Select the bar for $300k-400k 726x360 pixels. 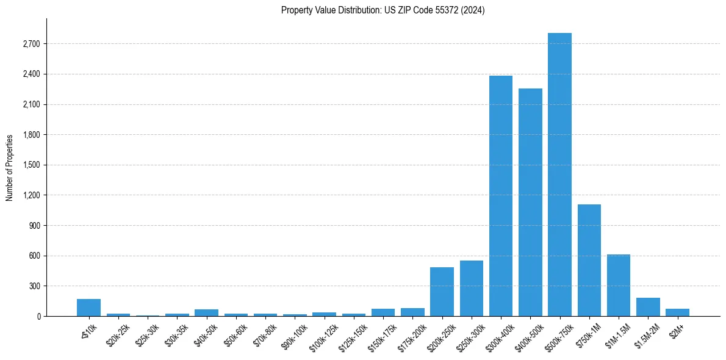[x=501, y=196]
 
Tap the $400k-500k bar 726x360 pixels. [x=530, y=202]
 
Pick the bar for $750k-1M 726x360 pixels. [x=589, y=260]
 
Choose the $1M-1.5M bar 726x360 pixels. [x=618, y=285]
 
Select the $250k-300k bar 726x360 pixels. [x=472, y=288]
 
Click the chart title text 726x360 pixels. [x=383, y=10]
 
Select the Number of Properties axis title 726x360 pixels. [x=9, y=167]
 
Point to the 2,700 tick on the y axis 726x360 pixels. [x=31, y=44]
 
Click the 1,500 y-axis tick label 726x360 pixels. [x=31, y=165]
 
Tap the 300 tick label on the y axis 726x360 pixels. [x=34, y=286]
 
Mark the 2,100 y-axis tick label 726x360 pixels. [x=31, y=105]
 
